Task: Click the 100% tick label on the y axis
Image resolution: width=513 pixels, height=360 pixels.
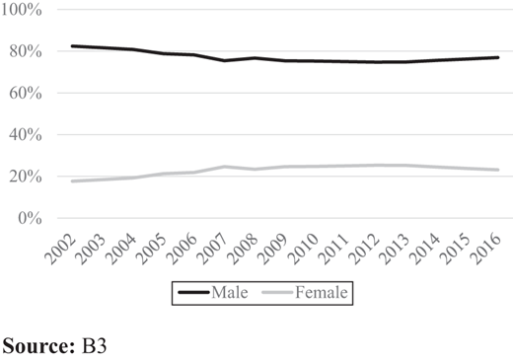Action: click(x=22, y=10)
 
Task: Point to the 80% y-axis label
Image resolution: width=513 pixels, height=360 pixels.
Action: click(x=26, y=51)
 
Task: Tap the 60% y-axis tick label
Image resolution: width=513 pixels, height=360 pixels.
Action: click(x=26, y=94)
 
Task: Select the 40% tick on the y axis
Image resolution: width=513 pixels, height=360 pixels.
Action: click(x=26, y=135)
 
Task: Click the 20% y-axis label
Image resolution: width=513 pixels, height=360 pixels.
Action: click(x=26, y=177)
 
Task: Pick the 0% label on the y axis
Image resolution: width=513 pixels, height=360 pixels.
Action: click(x=30, y=218)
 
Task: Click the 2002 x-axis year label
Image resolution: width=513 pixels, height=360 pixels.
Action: click(x=60, y=249)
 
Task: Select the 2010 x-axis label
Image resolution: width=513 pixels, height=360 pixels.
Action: click(x=304, y=249)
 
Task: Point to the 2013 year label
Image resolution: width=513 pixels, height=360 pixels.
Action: click(x=395, y=249)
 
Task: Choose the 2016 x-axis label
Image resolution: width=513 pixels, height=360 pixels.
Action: click(x=485, y=249)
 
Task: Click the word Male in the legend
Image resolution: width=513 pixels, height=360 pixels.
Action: click(x=230, y=292)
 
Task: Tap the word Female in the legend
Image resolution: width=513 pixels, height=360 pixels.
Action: click(x=322, y=292)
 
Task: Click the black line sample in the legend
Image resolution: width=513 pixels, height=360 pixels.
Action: click(x=193, y=292)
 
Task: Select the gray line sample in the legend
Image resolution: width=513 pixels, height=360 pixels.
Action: click(x=277, y=292)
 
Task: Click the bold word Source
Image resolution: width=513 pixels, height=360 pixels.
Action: click(x=38, y=346)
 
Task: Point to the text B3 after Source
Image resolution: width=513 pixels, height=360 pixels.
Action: click(x=94, y=346)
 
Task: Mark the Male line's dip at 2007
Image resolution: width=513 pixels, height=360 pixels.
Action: click(x=224, y=60)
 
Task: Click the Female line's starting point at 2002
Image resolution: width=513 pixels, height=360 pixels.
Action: click(x=72, y=181)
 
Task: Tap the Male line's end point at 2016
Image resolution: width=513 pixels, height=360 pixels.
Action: click(x=498, y=57)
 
